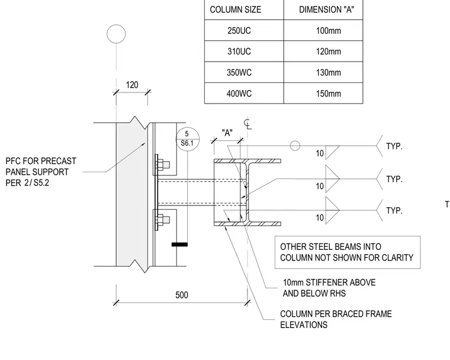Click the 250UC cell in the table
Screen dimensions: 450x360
click(239, 31)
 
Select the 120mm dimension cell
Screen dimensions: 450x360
click(329, 52)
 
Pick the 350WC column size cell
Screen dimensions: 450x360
click(239, 73)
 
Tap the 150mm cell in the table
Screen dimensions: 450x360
click(329, 94)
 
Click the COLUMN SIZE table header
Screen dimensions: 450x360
click(235, 9)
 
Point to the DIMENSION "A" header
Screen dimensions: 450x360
click(326, 9)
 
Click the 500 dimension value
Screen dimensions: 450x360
click(182, 295)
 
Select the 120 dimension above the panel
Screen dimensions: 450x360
click(132, 85)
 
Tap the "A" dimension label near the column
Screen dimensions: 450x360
click(227, 133)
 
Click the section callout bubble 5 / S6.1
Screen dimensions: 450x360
click(188, 139)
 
